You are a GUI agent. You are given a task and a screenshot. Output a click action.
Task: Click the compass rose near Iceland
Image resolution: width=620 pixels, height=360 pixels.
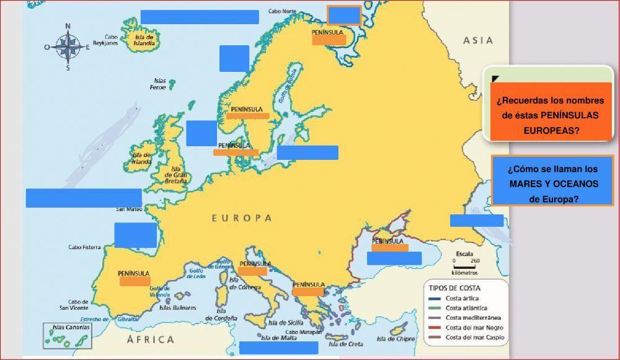68,47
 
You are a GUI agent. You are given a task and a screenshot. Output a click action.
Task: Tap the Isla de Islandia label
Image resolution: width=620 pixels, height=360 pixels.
144,40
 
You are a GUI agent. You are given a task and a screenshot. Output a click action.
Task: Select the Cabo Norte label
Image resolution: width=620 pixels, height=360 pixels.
281,11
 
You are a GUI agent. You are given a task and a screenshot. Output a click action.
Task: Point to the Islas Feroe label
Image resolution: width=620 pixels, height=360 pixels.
159,84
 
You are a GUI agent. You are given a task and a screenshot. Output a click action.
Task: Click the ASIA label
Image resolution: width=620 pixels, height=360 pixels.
478,40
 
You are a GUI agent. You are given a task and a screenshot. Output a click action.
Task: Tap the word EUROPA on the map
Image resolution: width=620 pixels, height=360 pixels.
242,218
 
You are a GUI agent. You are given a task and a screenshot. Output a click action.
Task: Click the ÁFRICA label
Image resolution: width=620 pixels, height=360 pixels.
150,340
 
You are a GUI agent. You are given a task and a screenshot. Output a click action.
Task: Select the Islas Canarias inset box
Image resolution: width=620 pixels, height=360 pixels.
68,335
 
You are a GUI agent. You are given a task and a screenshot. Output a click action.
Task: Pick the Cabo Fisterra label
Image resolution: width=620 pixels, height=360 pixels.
84,247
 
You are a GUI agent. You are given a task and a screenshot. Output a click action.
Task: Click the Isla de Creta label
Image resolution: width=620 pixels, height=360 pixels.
345,344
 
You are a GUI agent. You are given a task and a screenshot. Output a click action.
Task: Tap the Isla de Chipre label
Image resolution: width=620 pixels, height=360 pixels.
396,339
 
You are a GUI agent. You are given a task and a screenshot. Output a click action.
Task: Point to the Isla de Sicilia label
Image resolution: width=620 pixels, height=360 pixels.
286,323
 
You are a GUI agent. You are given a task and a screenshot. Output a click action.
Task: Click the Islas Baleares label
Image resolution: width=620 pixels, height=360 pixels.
177,307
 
